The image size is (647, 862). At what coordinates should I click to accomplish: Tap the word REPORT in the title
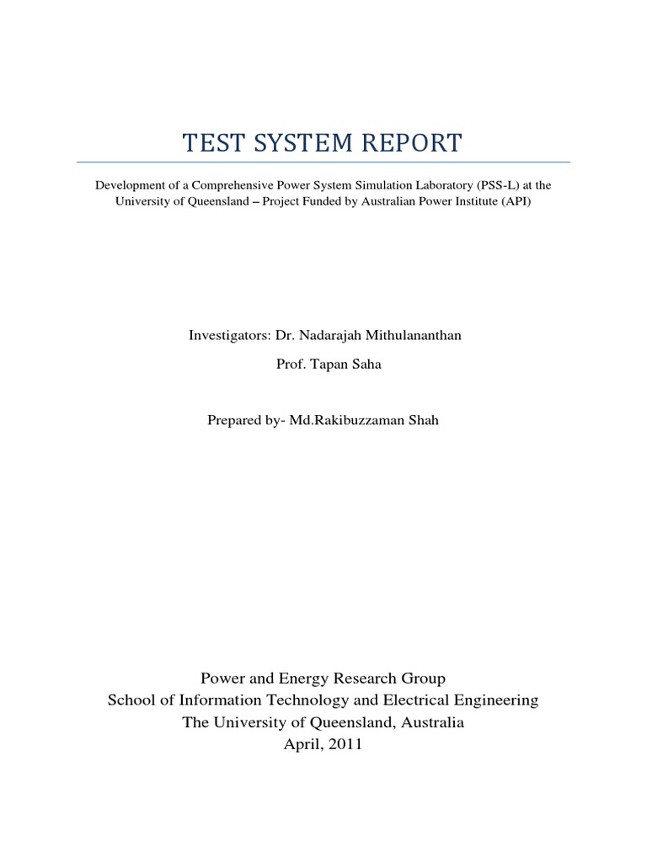click(x=408, y=143)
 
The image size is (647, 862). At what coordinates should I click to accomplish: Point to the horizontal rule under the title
click(x=323, y=162)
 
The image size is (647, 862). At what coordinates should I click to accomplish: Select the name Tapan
click(x=321, y=365)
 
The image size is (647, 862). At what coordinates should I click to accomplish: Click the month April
click(x=304, y=745)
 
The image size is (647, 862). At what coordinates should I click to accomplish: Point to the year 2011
click(x=346, y=745)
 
